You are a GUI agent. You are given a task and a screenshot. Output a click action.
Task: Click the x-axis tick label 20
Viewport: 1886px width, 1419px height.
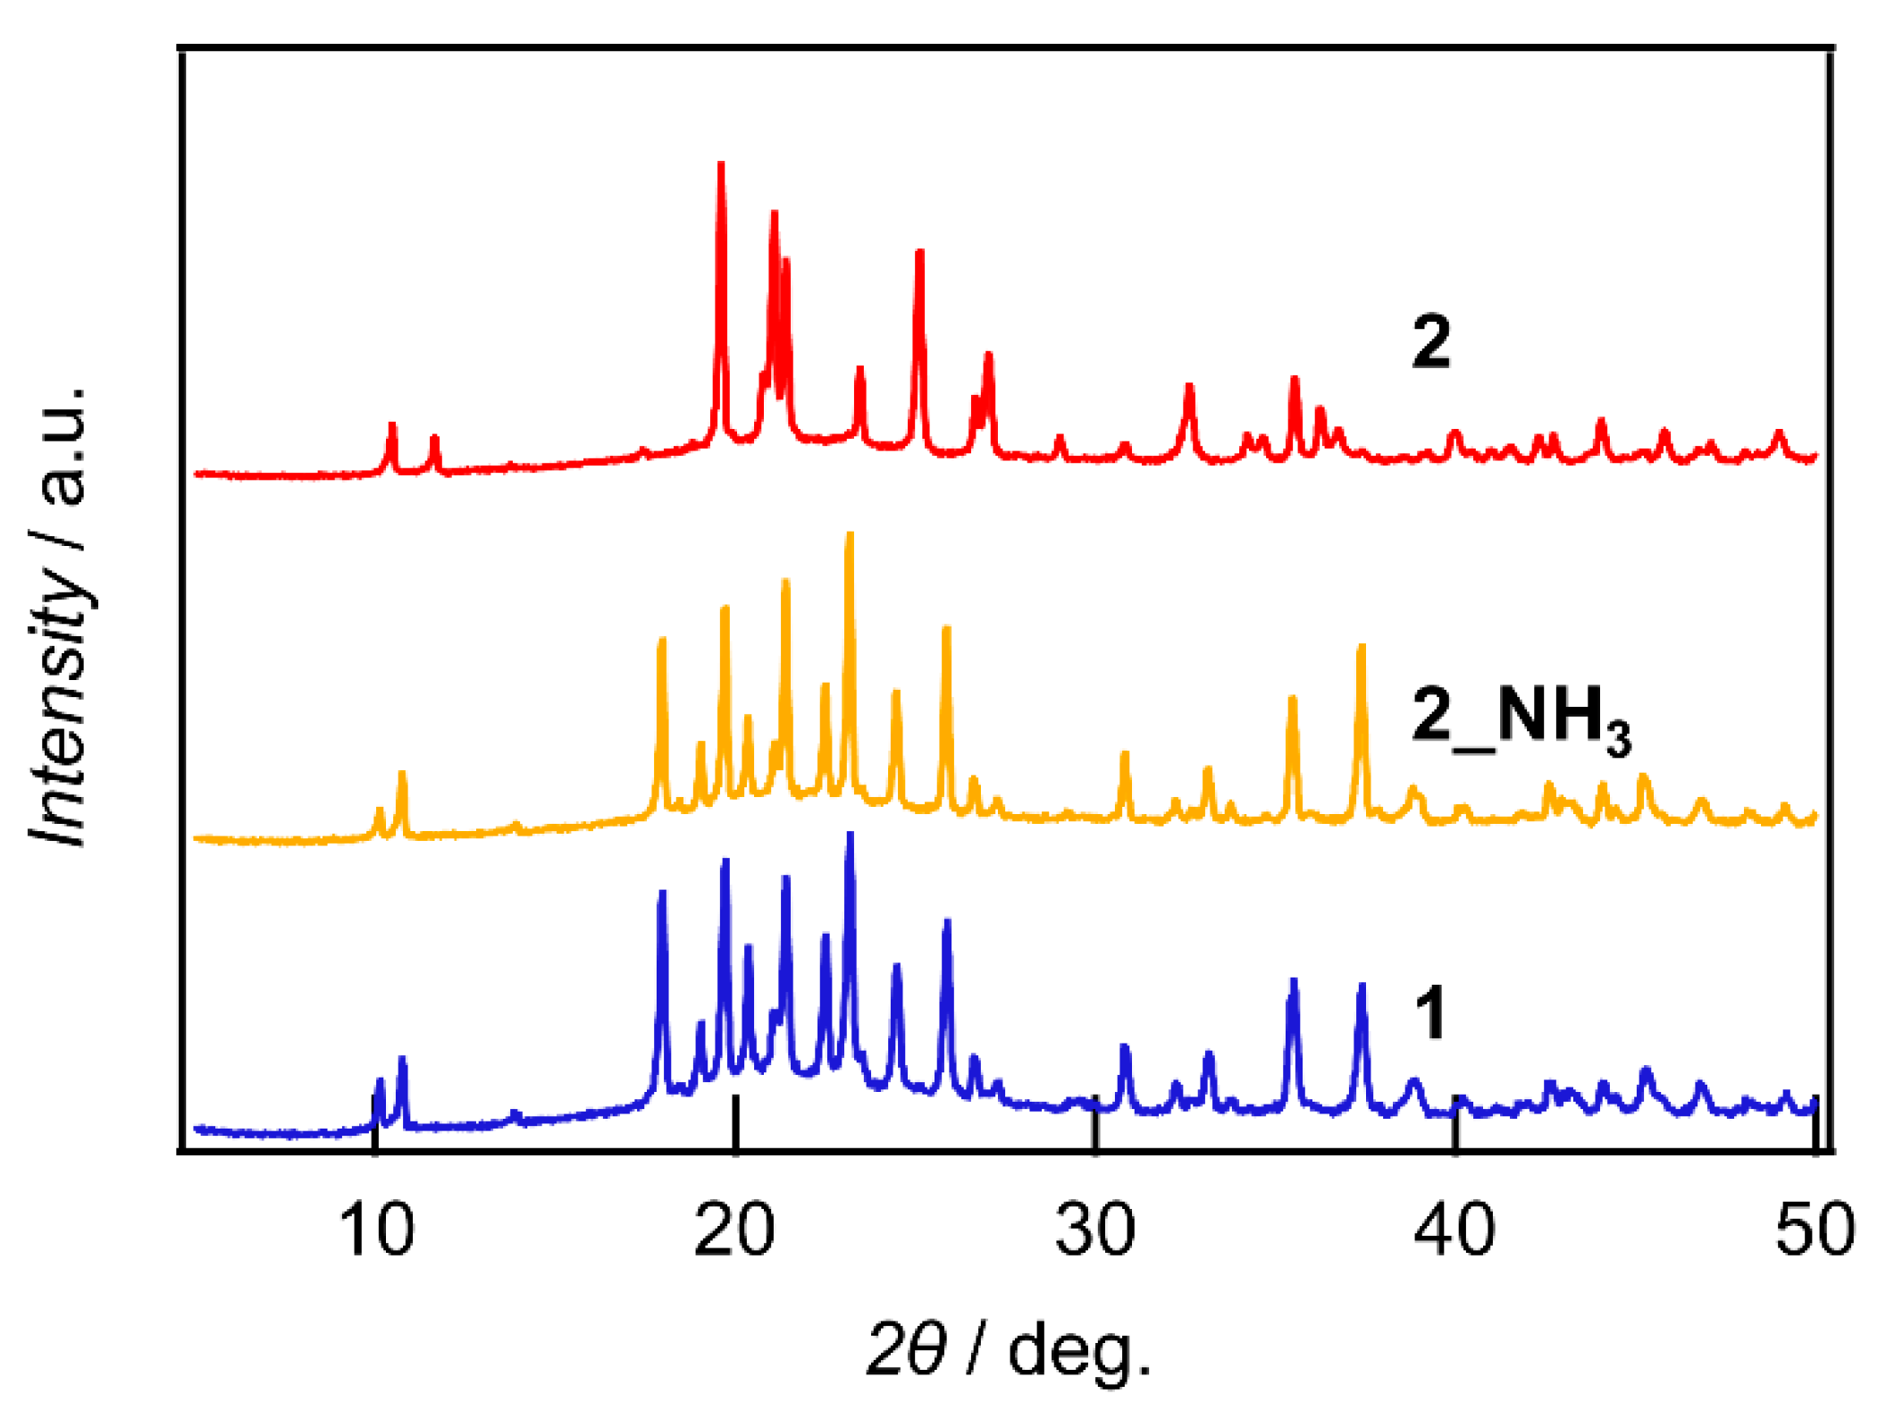734,1231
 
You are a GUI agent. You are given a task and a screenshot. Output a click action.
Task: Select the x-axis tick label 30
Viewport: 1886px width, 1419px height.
1095,1231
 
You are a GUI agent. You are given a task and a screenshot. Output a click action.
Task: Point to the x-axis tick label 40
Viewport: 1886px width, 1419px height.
1454,1231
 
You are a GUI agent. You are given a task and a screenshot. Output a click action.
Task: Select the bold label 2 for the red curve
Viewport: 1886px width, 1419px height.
1431,342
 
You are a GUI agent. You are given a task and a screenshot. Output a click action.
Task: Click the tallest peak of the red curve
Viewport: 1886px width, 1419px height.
721,164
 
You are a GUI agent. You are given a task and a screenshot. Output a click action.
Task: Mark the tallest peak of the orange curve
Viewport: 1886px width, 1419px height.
850,535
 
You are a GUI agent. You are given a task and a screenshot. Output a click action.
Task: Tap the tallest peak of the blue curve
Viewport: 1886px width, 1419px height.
850,835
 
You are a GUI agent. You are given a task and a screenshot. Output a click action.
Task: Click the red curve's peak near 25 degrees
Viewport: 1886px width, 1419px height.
919,253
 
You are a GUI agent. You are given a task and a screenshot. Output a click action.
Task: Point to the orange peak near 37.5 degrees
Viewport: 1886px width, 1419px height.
1362,647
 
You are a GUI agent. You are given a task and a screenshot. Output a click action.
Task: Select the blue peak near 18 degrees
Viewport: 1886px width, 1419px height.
662,893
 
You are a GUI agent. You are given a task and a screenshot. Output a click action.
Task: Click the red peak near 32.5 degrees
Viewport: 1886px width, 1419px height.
1189,387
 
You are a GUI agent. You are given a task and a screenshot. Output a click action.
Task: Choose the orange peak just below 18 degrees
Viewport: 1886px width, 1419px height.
662,640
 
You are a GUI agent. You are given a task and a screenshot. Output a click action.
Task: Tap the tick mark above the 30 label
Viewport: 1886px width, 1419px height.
1095,1128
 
